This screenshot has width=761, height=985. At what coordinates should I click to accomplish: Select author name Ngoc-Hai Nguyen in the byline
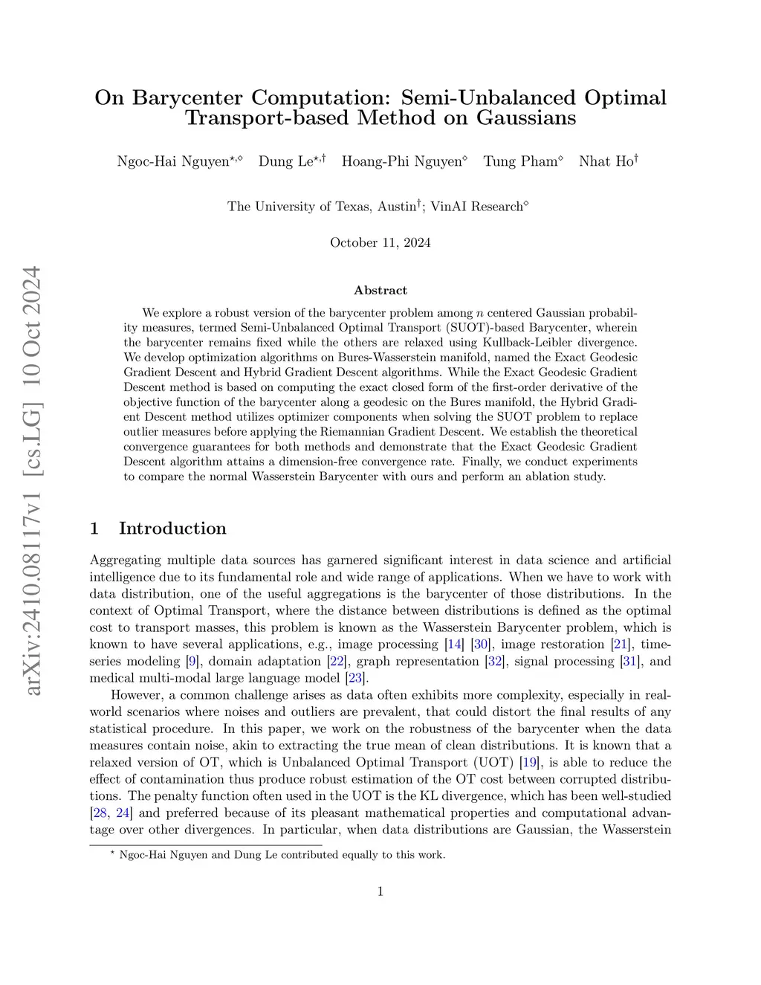173,162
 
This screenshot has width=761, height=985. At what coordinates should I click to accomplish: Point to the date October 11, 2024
380,242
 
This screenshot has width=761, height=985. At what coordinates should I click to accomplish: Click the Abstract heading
380,290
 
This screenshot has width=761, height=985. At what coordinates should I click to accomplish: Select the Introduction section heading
172,529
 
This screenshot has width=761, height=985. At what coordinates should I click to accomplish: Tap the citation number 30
481,645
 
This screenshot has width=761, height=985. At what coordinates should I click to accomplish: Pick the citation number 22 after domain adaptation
337,662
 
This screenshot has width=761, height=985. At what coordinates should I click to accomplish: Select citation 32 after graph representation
494,662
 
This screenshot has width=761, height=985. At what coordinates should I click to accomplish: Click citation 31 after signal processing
629,662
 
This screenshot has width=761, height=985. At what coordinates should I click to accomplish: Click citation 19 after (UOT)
530,763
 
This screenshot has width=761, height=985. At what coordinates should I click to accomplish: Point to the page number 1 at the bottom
380,891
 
